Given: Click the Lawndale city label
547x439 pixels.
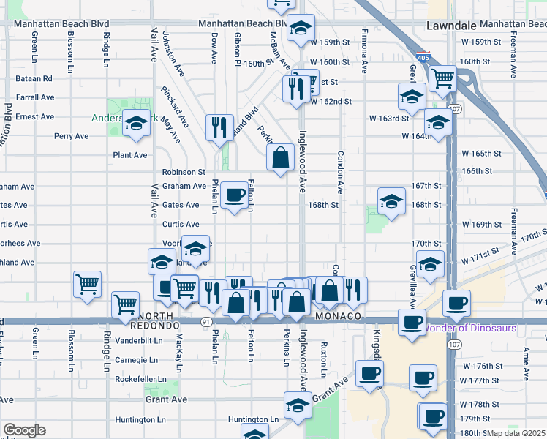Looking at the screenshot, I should point(448,24).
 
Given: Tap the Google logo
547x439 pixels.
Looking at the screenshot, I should point(24,430).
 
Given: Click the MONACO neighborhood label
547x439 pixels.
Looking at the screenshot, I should point(339,315).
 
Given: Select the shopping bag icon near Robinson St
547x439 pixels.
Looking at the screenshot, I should point(281,157).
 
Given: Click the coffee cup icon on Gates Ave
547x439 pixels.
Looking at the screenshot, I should point(234,195).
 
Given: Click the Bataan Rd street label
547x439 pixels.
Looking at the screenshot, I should point(34,78).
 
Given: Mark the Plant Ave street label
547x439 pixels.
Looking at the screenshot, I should point(130,155).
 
